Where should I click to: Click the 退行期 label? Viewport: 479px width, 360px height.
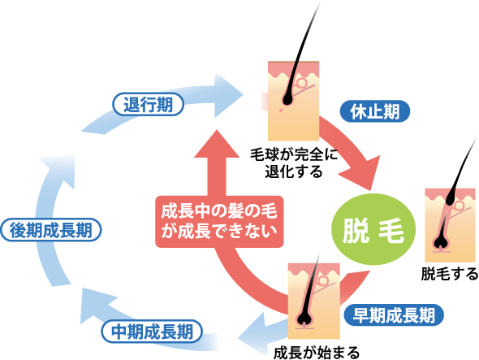[149, 103]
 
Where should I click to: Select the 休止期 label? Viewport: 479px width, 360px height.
[375, 111]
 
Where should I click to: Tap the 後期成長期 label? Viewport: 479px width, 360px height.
[52, 230]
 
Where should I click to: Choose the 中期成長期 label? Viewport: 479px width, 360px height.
[152, 331]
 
